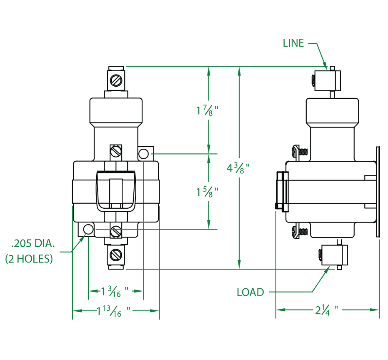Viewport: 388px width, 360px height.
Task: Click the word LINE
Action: [x=293, y=43]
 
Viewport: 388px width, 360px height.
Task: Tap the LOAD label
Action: [x=250, y=292]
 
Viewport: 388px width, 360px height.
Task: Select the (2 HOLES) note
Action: [x=29, y=259]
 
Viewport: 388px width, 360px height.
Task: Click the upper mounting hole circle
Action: [x=144, y=154]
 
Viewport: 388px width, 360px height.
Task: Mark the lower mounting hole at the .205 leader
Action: [x=88, y=229]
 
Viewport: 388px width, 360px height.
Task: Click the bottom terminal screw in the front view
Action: [x=116, y=255]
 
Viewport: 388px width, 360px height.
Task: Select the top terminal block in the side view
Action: [x=327, y=80]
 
